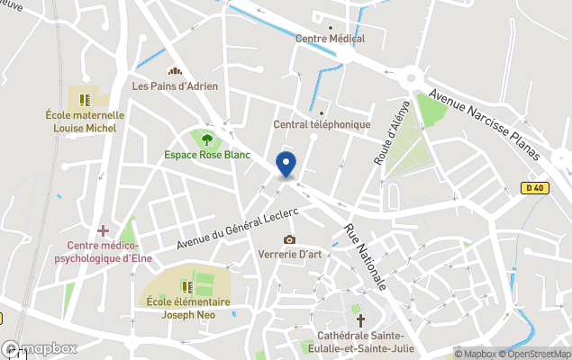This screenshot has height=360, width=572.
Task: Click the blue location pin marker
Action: (286, 165)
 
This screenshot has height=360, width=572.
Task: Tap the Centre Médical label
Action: (330, 39)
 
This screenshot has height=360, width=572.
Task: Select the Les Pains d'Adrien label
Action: (175, 86)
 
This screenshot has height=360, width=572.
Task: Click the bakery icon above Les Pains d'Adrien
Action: (175, 72)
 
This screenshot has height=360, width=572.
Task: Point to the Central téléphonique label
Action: (322, 124)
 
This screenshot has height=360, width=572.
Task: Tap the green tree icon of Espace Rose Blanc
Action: (207, 139)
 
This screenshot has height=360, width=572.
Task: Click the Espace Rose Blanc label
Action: (207, 155)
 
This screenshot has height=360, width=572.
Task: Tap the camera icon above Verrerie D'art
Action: (289, 239)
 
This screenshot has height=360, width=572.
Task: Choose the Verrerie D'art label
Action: (289, 254)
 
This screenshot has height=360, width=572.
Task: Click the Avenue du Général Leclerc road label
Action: (237, 226)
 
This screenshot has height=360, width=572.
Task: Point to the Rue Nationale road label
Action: (366, 258)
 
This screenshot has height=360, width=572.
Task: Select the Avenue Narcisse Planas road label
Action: (484, 124)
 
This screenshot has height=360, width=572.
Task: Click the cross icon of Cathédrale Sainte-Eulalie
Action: (360, 319)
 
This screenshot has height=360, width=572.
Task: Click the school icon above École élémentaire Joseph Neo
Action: (188, 287)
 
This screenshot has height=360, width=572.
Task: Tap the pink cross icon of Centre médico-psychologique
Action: (104, 231)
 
